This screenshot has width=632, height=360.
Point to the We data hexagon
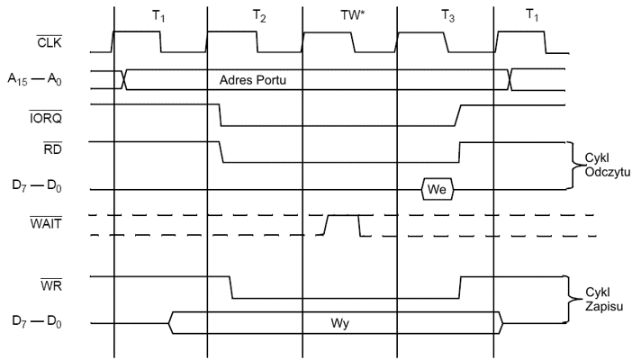tap(438, 190)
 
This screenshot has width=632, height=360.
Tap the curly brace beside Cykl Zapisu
tap(568, 299)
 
